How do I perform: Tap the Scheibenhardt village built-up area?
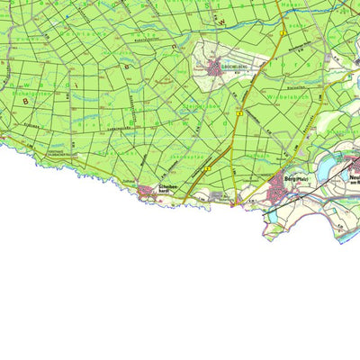pyautogui.click(x=147, y=188)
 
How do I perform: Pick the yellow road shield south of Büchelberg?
pyautogui.click(x=239, y=114)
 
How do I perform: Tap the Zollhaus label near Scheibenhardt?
pyautogui.click(x=128, y=181)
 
